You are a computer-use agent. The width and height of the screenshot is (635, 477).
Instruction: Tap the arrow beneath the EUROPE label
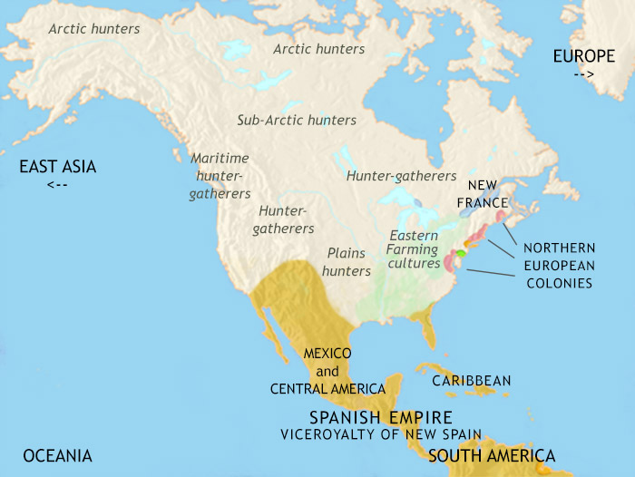[584, 74]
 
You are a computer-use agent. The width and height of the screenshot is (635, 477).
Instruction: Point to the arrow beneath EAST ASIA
[56, 185]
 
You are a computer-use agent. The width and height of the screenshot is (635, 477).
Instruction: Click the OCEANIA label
[58, 455]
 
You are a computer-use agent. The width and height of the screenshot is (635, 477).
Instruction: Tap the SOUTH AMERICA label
[493, 454]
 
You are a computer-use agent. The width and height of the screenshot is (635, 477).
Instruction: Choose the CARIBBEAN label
[472, 381]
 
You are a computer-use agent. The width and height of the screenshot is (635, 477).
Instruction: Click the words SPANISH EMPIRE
[381, 417]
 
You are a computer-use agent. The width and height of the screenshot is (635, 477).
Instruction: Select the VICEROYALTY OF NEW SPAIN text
[380, 434]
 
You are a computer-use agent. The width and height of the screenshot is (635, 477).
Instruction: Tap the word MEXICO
[327, 353]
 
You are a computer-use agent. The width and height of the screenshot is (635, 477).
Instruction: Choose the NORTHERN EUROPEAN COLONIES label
[558, 265]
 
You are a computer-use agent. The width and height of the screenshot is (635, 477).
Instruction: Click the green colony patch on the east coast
[460, 254]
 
